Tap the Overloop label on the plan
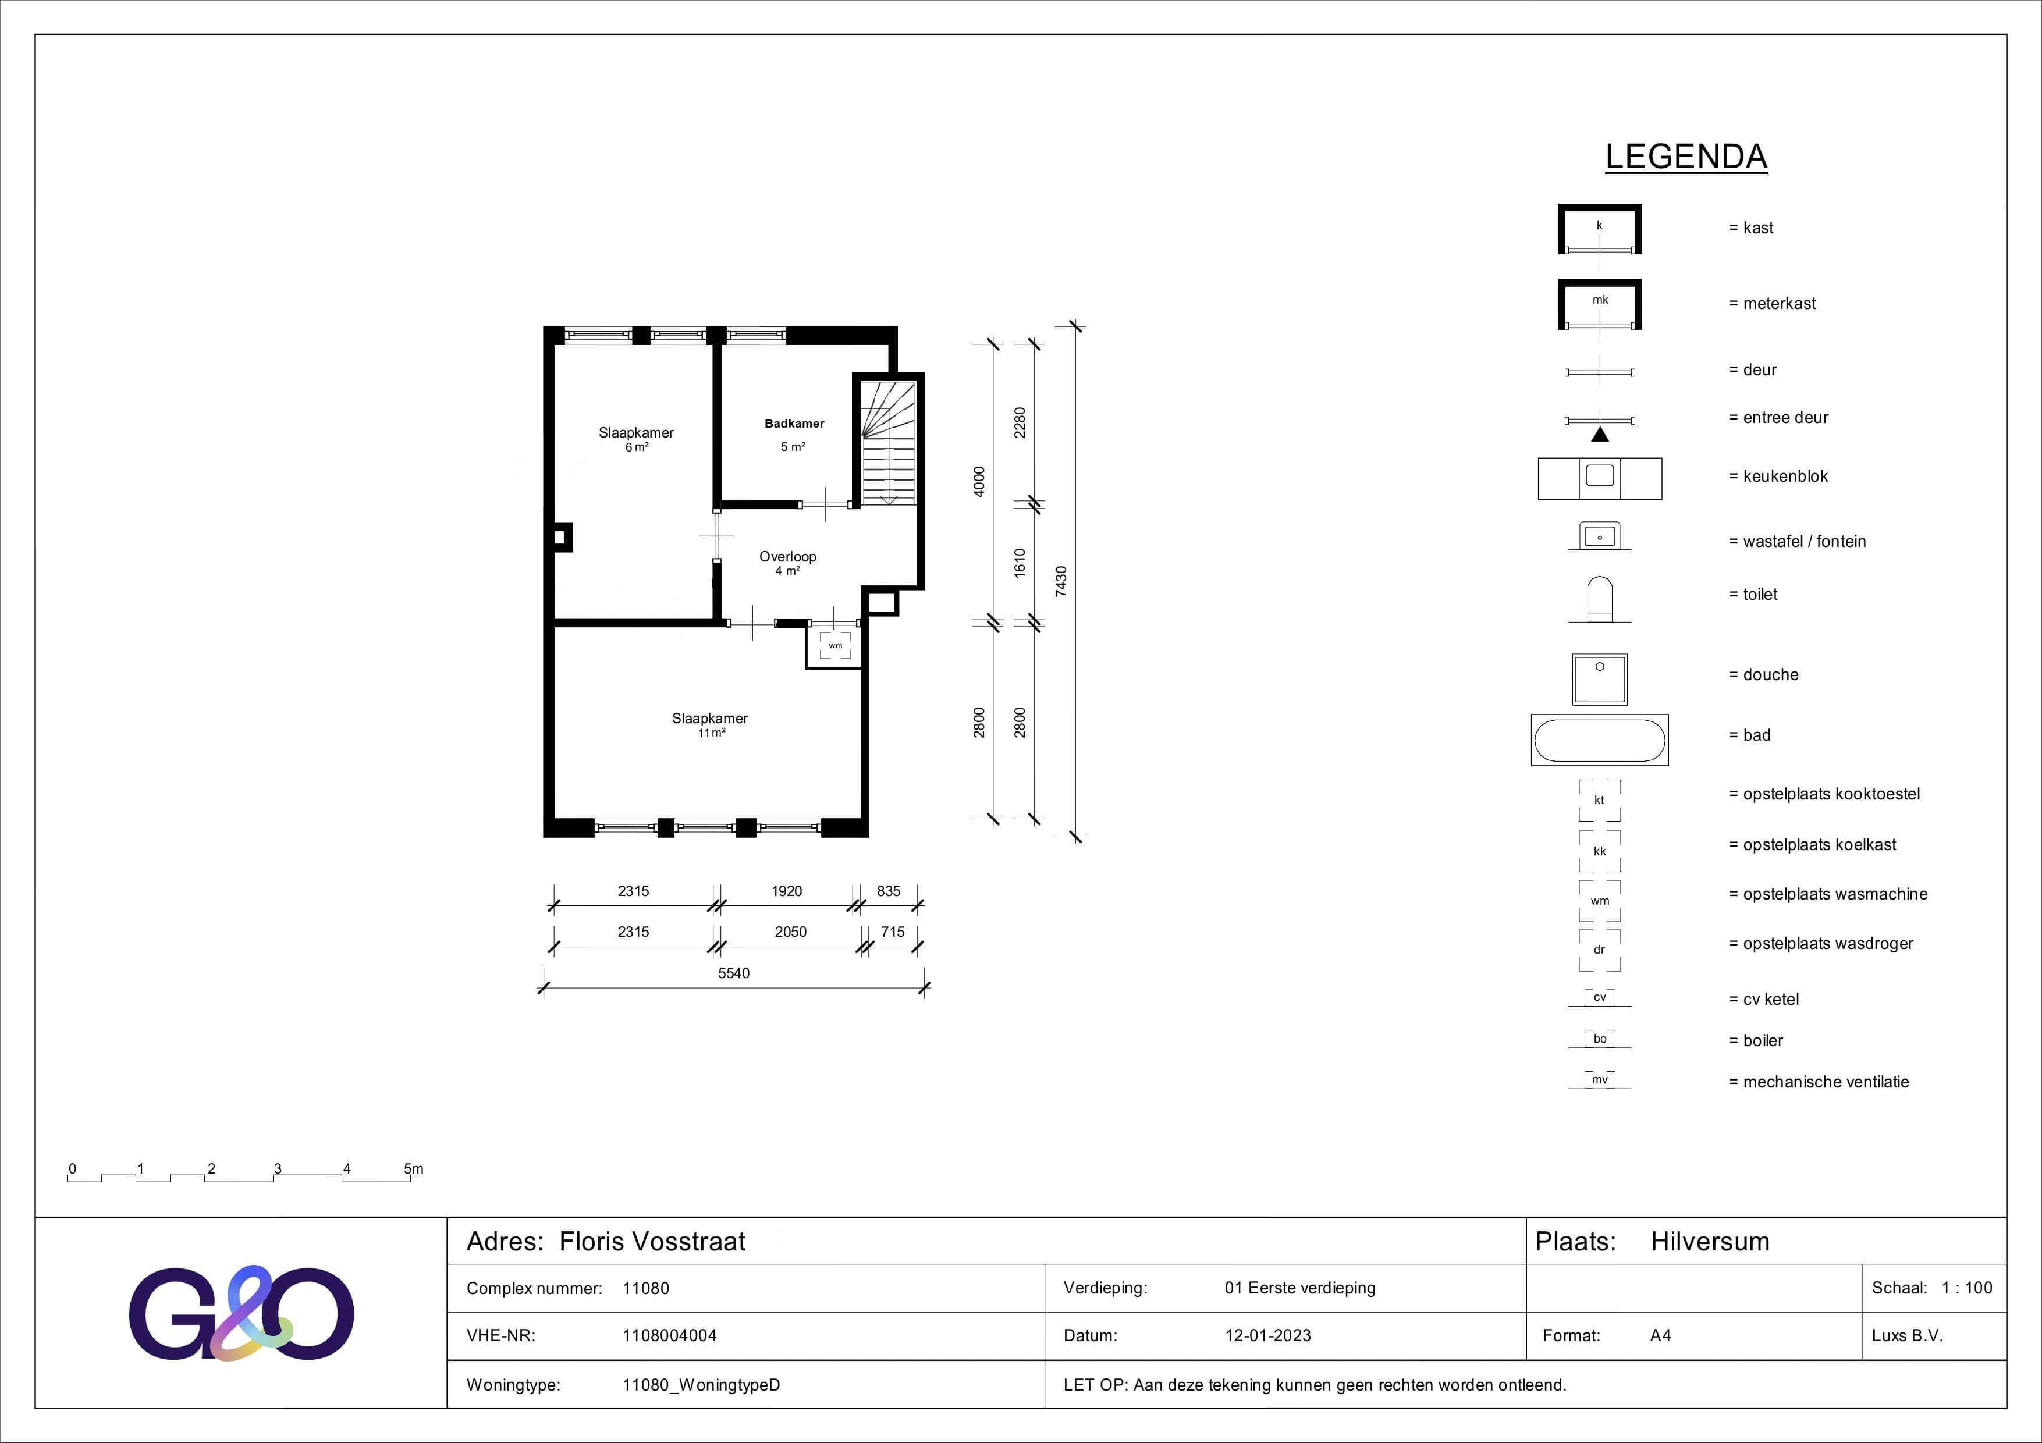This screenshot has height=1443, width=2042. (x=787, y=557)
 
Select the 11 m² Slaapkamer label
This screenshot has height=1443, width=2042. (x=710, y=719)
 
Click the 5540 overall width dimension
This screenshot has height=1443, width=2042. (x=734, y=973)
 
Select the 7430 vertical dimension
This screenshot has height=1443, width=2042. (x=1061, y=581)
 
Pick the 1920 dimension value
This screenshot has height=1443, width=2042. (x=786, y=891)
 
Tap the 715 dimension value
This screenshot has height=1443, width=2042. (x=892, y=932)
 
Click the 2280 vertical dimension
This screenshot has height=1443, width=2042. (x=1020, y=422)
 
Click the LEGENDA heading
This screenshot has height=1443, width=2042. (x=1685, y=157)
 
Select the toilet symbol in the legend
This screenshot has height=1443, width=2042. (x=1599, y=598)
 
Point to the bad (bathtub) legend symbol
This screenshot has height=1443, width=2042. (x=1599, y=740)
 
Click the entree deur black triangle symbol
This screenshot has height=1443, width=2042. (x=1599, y=435)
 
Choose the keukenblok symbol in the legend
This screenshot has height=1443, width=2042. (x=1599, y=478)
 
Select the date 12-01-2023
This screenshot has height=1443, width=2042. (x=1267, y=1335)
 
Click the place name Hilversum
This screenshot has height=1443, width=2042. (x=1709, y=1242)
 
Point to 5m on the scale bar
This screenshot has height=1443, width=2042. (x=414, y=1168)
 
